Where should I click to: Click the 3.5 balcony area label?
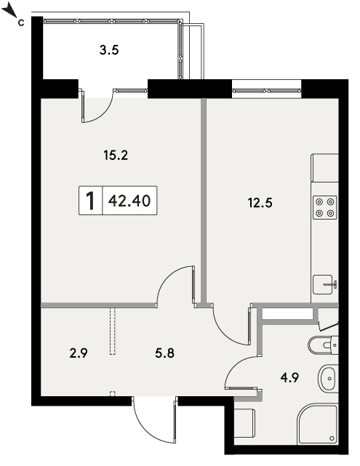pyautogui.click(x=109, y=50)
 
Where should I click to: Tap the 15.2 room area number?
pyautogui.click(x=116, y=155)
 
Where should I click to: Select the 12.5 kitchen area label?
pyautogui.click(x=260, y=203)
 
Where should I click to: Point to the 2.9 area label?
pyautogui.click(x=79, y=353)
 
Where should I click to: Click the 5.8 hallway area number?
pyautogui.click(x=164, y=353)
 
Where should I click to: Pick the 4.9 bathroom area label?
pyautogui.click(x=289, y=378)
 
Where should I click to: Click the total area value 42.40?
pyautogui.click(x=129, y=201)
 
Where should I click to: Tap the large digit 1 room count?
pyautogui.click(x=90, y=201)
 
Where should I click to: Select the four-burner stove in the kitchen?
pyautogui.click(x=324, y=207)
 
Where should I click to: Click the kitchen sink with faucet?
pyautogui.click(x=324, y=284)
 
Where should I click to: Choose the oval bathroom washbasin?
pyautogui.click(x=329, y=379)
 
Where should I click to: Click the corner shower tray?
pyautogui.click(x=317, y=424)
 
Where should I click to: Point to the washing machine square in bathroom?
pyautogui.click(x=244, y=423)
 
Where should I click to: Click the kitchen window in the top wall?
pyautogui.click(x=266, y=91)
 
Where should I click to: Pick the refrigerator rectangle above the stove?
pyautogui.click(x=324, y=168)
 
